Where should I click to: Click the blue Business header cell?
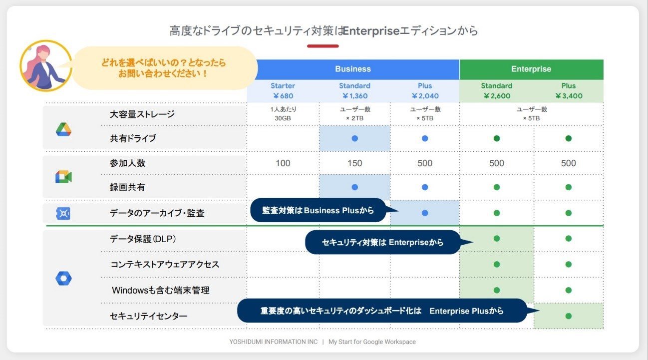pos(353,69)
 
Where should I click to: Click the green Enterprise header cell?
pos(531,69)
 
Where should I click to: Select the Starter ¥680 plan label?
pos(283,91)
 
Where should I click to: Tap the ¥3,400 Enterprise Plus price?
pos(569,96)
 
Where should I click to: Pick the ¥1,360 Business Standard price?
pos(355,96)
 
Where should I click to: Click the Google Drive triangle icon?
pos(63,129)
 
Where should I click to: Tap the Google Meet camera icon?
pos(63,177)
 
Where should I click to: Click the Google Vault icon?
pos(63,214)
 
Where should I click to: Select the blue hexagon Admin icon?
pos(63,279)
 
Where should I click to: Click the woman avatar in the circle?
pos(46,66)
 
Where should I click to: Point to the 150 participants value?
pos(354,163)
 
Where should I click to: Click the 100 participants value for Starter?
pos(283,163)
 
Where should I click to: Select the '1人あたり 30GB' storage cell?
pos(283,114)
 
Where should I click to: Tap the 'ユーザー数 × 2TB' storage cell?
pos(355,114)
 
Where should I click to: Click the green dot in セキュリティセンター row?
pos(569,316)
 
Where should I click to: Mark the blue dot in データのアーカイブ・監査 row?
pos(425,213)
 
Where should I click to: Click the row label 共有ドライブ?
pos(133,138)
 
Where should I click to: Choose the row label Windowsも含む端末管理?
pos(161,290)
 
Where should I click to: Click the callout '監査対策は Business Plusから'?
pos(318,210)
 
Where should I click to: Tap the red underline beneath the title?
pos(323,46)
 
